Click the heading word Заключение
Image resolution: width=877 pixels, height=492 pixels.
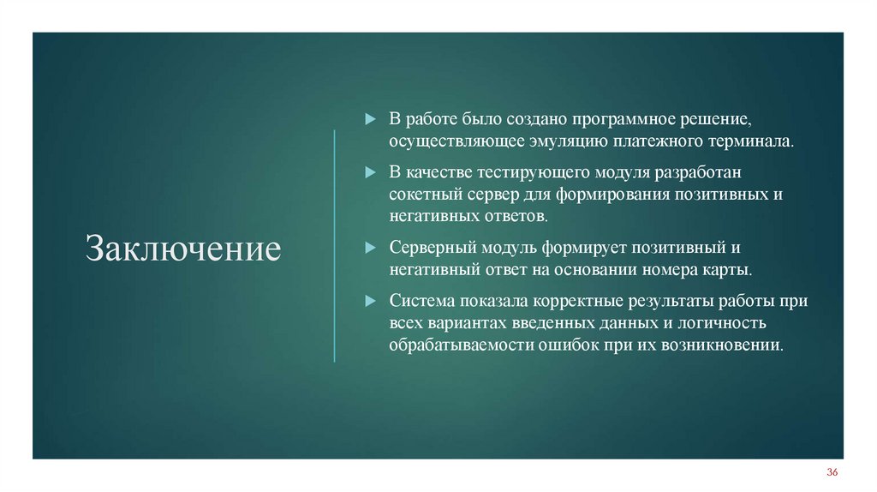click(x=183, y=249)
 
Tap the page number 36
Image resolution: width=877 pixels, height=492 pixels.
click(x=832, y=473)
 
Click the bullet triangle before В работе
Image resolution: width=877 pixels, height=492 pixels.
click(x=370, y=117)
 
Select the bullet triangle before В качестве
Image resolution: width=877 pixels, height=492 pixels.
click(x=370, y=172)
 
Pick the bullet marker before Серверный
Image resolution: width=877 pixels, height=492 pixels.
click(x=370, y=248)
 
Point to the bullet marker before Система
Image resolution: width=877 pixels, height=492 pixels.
click(x=370, y=302)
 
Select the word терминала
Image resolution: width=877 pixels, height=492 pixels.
click(x=754, y=140)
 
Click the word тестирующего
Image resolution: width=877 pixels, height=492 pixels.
click(x=543, y=172)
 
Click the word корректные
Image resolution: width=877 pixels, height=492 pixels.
click(x=583, y=302)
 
